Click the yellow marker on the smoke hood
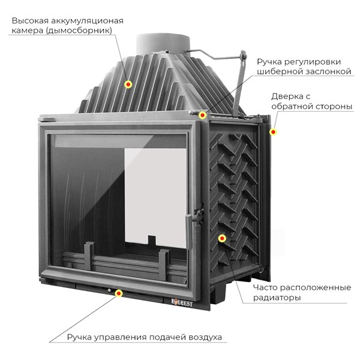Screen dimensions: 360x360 [128, 85]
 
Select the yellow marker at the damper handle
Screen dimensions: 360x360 [203, 114]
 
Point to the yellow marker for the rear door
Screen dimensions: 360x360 [273, 132]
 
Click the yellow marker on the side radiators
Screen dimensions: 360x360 [222, 238]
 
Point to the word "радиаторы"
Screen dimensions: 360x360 [265, 298]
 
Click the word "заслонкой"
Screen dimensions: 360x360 [324, 72]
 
